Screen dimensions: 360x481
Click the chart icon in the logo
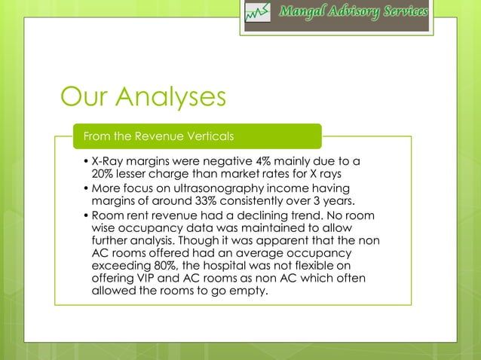257,14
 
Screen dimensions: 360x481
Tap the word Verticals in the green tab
210,136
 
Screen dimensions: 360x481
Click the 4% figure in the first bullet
263,161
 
